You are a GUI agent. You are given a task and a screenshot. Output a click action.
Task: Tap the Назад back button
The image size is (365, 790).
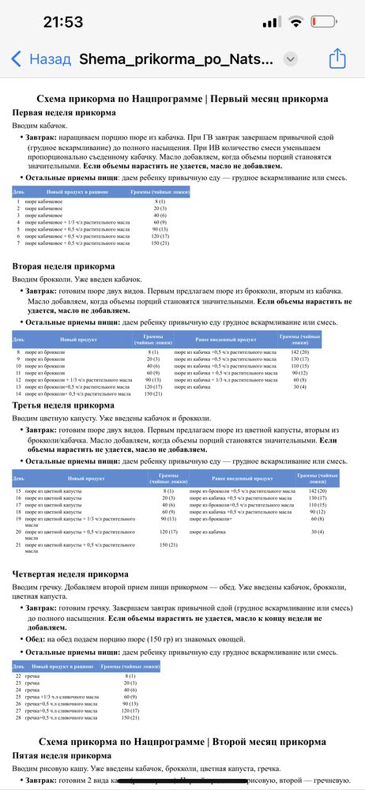pos(40,58)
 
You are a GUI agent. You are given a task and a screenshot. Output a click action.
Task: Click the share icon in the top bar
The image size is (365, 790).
pos(337,58)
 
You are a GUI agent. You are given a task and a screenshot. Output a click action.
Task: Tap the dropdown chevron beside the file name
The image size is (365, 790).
pos(290,59)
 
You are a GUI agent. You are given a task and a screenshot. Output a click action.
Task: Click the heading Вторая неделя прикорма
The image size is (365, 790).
pos(63,266)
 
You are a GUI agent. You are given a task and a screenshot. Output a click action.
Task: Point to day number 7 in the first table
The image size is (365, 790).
pos(17,243)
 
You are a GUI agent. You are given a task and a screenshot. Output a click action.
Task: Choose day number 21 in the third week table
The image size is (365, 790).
pos(18,545)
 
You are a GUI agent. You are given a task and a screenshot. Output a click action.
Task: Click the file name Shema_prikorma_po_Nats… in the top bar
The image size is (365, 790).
pos(178,58)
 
